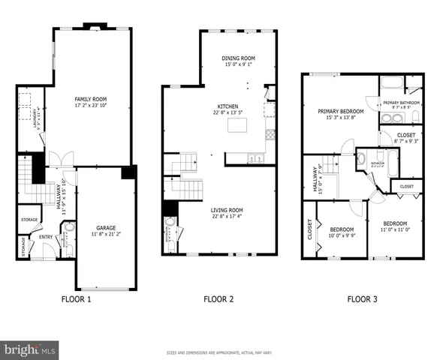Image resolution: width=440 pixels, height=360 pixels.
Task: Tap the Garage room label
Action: coord(105,228)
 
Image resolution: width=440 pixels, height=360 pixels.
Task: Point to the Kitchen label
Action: coord(228,106)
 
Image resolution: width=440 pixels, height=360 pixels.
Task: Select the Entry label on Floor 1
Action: coord(47,238)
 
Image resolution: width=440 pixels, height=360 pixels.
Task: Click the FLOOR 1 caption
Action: coord(76,299)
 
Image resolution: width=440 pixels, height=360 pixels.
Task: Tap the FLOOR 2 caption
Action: coord(218,299)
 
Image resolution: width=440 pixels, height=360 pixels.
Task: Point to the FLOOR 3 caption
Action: coord(362,299)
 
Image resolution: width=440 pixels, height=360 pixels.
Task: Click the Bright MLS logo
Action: coord(30,349)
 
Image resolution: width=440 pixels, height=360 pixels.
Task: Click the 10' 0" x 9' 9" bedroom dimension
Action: coord(342,236)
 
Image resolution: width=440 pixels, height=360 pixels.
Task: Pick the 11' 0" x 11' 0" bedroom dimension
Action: coord(394,230)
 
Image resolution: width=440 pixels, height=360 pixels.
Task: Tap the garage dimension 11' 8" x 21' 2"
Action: coord(105,235)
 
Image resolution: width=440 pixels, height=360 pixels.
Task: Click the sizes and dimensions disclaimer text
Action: coord(219,352)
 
